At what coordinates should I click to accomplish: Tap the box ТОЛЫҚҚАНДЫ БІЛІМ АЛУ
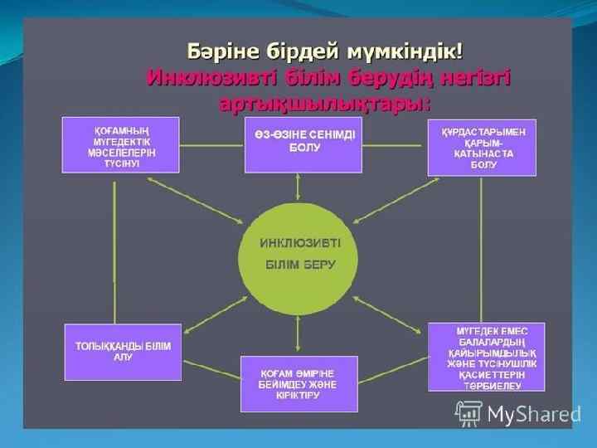click(123, 351)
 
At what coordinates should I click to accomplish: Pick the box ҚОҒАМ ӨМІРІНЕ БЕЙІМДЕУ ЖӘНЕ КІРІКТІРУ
click(298, 383)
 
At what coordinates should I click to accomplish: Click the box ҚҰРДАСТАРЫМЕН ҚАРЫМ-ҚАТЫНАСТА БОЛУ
click(482, 148)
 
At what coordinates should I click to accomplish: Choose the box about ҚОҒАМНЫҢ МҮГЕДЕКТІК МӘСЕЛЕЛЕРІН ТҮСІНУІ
click(120, 144)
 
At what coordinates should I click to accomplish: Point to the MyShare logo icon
click(468, 412)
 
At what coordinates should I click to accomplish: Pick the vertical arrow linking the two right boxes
click(482, 248)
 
